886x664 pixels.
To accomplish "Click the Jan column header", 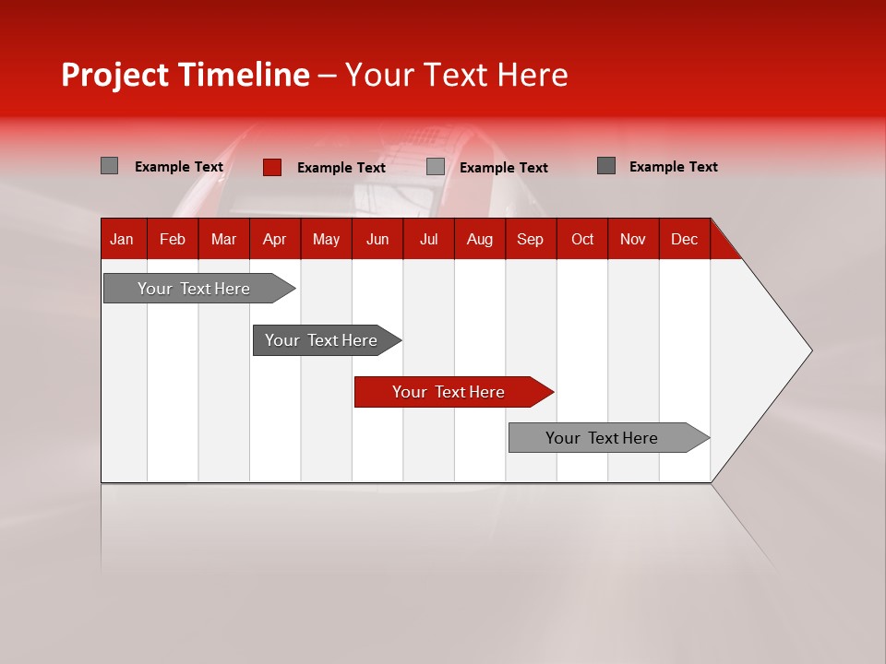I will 122,240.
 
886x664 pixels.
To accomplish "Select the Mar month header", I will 223,240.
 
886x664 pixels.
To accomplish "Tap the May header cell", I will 326,240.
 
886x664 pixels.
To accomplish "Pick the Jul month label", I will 428,240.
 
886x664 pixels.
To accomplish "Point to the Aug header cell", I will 479,240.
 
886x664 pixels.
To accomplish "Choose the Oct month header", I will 582,240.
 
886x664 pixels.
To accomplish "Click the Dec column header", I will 684,240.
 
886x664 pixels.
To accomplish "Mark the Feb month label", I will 173,240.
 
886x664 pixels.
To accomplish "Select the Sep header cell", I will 530,240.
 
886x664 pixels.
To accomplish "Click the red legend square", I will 272,167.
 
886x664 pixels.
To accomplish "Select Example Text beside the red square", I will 341,168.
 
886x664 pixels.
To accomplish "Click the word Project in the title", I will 116,76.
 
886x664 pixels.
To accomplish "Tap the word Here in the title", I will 533,76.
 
